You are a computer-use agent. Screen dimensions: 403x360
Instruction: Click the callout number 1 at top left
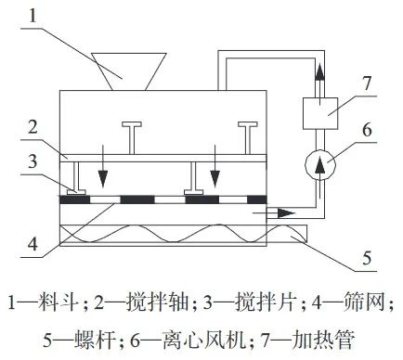click(x=32, y=15)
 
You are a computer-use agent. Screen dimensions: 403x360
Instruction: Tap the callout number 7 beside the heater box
click(x=367, y=83)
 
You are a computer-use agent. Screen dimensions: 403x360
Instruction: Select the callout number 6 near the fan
click(x=367, y=130)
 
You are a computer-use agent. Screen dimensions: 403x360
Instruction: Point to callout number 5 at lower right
click(x=367, y=257)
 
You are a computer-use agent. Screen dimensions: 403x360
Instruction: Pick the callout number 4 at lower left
click(x=32, y=243)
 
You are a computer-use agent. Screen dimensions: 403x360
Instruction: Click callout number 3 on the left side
click(x=32, y=161)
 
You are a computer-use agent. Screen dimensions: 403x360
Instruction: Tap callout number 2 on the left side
click(x=32, y=127)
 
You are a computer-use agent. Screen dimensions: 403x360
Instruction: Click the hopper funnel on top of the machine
click(x=129, y=71)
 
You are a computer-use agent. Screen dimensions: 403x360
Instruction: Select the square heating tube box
click(x=320, y=113)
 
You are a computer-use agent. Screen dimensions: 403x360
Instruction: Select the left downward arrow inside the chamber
click(x=103, y=161)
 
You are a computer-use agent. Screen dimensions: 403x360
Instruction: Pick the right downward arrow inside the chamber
click(x=214, y=161)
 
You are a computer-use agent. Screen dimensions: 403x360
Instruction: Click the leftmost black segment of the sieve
click(x=74, y=199)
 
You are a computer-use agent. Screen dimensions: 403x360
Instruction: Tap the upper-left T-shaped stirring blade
click(x=132, y=138)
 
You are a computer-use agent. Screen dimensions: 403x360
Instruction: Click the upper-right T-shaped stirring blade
click(x=248, y=138)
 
